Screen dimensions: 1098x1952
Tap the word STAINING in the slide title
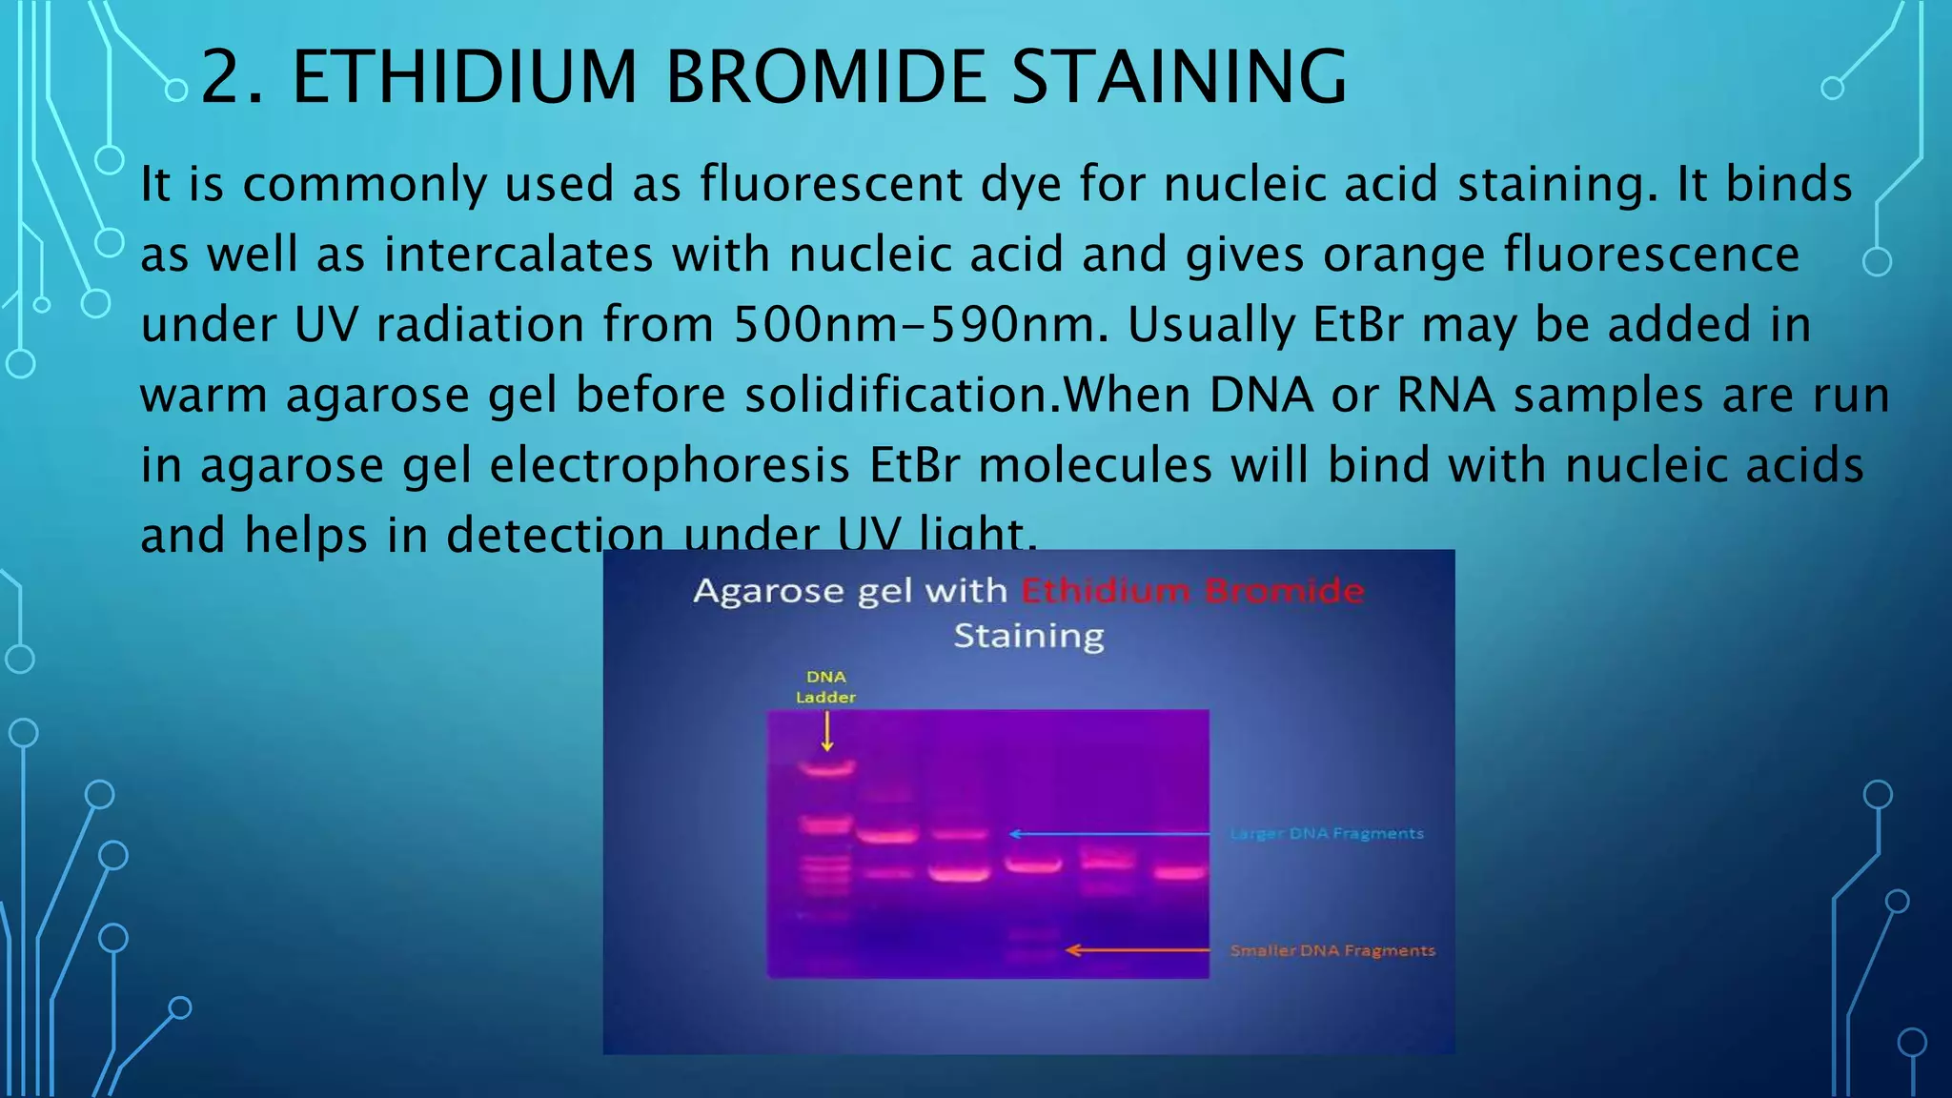tap(1179, 76)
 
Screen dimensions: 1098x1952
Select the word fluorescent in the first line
tap(831, 183)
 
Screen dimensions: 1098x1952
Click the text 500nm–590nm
tap(913, 324)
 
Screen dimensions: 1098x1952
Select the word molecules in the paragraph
tap(1095, 465)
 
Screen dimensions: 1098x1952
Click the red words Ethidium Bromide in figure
tap(1192, 591)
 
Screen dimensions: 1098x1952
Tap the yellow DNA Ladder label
tap(825, 686)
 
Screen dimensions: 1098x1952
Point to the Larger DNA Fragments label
tap(1327, 833)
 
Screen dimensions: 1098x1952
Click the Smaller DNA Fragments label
tap(1332, 950)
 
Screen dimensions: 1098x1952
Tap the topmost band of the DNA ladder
tap(826, 766)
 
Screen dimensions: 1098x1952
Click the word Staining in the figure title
tap(1029, 636)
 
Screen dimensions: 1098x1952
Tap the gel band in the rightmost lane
tap(1180, 871)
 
